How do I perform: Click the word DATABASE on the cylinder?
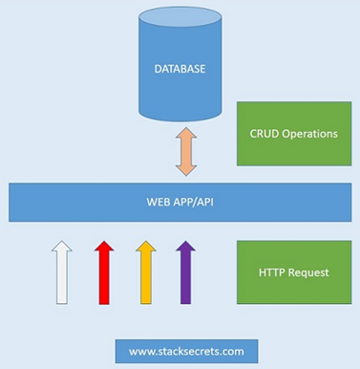180,69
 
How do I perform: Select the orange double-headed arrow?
186,152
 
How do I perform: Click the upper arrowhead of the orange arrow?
186,133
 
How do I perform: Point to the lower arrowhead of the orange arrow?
186,171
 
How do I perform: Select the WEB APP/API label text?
180,202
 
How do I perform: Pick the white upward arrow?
62,272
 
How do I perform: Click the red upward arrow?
104,272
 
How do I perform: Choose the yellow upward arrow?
146,272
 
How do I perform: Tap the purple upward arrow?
185,272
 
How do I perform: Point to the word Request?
308,273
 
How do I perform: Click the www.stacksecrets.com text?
186,352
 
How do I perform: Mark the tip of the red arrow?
104,241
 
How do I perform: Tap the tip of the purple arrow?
185,241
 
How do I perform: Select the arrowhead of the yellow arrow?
146,246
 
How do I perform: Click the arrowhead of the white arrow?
62,246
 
